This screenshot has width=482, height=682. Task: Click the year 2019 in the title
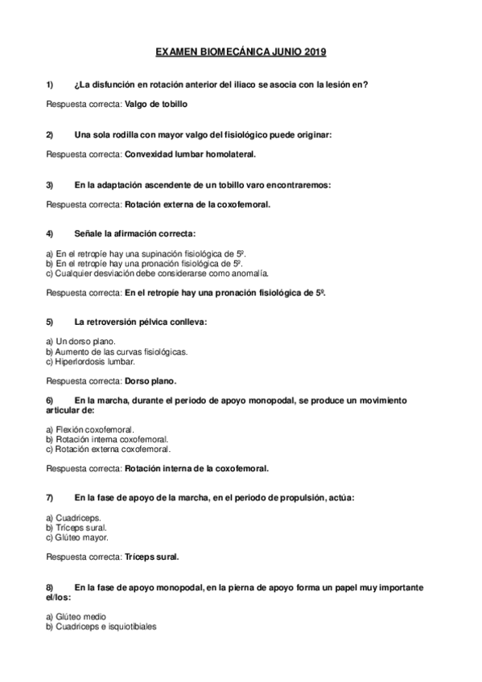315,53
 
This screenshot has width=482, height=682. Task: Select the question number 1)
51,84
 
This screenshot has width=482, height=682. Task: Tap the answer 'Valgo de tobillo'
157,104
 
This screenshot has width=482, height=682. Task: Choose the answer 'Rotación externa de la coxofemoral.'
197,203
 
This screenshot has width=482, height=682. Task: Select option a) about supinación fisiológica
145,253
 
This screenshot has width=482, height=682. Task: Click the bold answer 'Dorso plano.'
150,380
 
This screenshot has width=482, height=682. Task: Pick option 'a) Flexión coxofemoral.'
90,429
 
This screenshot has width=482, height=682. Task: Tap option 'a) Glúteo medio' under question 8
80,616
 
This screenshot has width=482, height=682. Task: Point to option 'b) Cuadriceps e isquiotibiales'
101,626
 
